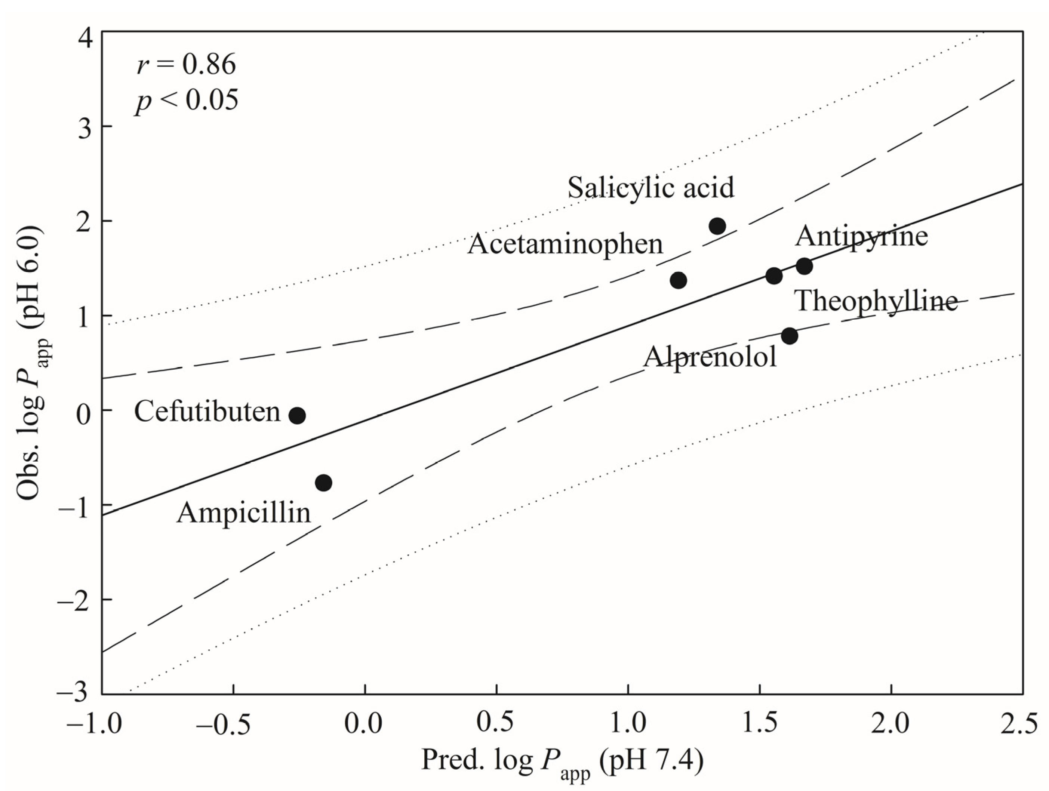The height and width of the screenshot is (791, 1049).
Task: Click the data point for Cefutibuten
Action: click(297, 415)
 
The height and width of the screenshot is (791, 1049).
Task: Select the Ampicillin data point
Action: click(323, 483)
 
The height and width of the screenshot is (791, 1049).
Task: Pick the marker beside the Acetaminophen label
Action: click(678, 280)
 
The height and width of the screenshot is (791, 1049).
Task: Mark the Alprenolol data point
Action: click(789, 336)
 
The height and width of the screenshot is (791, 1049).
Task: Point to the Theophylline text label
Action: click(876, 301)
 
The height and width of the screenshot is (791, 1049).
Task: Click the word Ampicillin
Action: click(243, 513)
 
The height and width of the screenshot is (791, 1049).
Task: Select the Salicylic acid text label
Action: click(650, 187)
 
